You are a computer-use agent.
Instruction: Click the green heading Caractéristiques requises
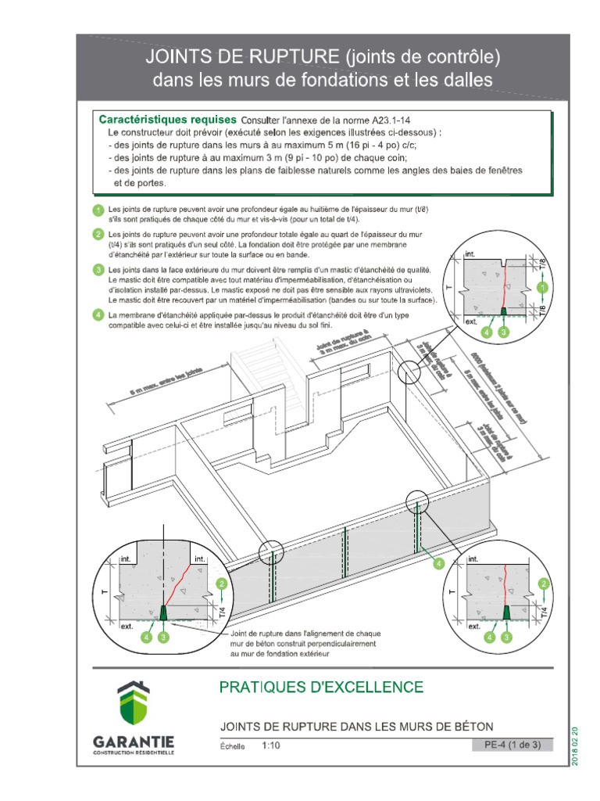click(166, 120)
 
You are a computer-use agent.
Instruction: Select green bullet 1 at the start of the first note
click(98, 210)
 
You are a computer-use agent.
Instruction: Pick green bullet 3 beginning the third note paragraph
click(98, 270)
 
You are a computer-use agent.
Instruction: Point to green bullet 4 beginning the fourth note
click(98, 315)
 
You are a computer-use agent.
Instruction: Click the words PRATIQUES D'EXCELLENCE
click(321, 688)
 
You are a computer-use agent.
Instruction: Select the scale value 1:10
click(271, 745)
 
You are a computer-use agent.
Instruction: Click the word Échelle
click(234, 746)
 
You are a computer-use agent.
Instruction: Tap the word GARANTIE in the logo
click(134, 741)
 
